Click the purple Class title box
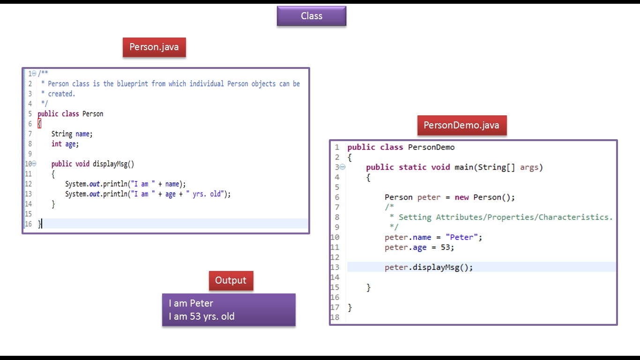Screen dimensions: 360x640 [312, 16]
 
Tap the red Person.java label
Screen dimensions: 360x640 [154, 47]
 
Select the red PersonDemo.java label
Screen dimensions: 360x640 [461, 125]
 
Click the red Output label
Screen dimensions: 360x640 [231, 280]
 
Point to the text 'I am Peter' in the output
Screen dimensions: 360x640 [191, 303]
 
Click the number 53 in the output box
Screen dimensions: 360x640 [195, 316]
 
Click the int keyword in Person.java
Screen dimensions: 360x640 [56, 144]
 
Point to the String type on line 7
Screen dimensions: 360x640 [61, 134]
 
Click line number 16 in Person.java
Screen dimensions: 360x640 [29, 224]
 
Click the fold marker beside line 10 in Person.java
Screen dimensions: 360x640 [34, 164]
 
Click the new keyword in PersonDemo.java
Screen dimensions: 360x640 [461, 197]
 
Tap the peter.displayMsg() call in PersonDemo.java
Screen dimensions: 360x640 [429, 267]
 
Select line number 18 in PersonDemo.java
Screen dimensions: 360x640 [335, 317]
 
